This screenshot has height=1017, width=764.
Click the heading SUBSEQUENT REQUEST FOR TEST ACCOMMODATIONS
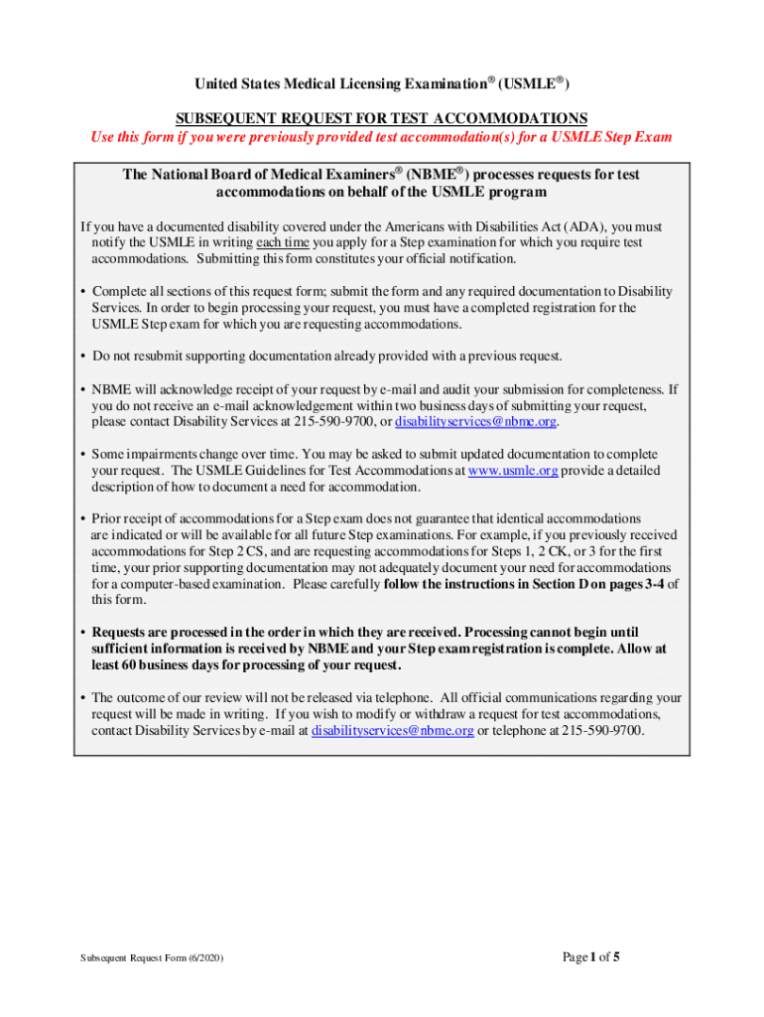[x=382, y=117]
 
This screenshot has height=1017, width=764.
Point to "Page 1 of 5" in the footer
[x=591, y=957]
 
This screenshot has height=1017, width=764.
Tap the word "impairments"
[x=162, y=454]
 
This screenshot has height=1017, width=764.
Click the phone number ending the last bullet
[x=602, y=730]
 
